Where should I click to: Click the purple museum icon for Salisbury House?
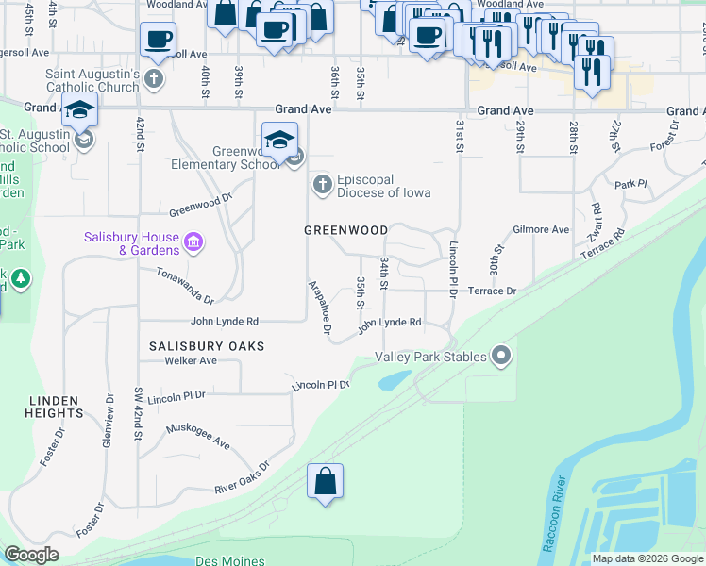[x=193, y=243]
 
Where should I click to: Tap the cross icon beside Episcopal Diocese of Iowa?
[x=323, y=184]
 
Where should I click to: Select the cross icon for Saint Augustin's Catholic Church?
[x=157, y=80]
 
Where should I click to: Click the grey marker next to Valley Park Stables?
[x=501, y=357]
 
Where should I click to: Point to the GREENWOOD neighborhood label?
[x=345, y=230]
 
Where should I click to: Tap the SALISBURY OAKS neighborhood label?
[x=207, y=346]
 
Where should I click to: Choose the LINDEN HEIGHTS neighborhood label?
[x=55, y=407]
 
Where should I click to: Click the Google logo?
[x=31, y=555]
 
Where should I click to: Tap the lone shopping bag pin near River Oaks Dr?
[x=325, y=482]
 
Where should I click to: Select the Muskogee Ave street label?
[x=198, y=436]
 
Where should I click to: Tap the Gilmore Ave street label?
[x=541, y=229]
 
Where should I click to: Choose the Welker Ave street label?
[x=190, y=360]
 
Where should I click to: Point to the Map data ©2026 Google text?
[x=647, y=558]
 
